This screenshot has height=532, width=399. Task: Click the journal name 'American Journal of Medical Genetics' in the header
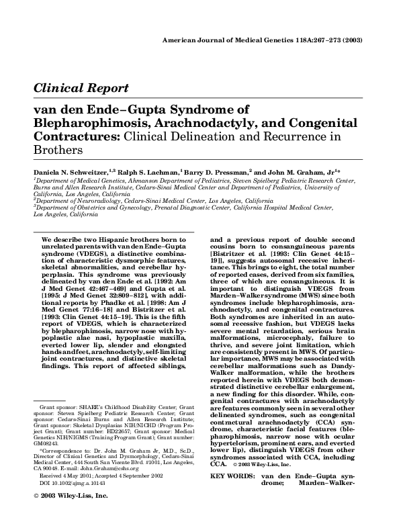click(x=225, y=41)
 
